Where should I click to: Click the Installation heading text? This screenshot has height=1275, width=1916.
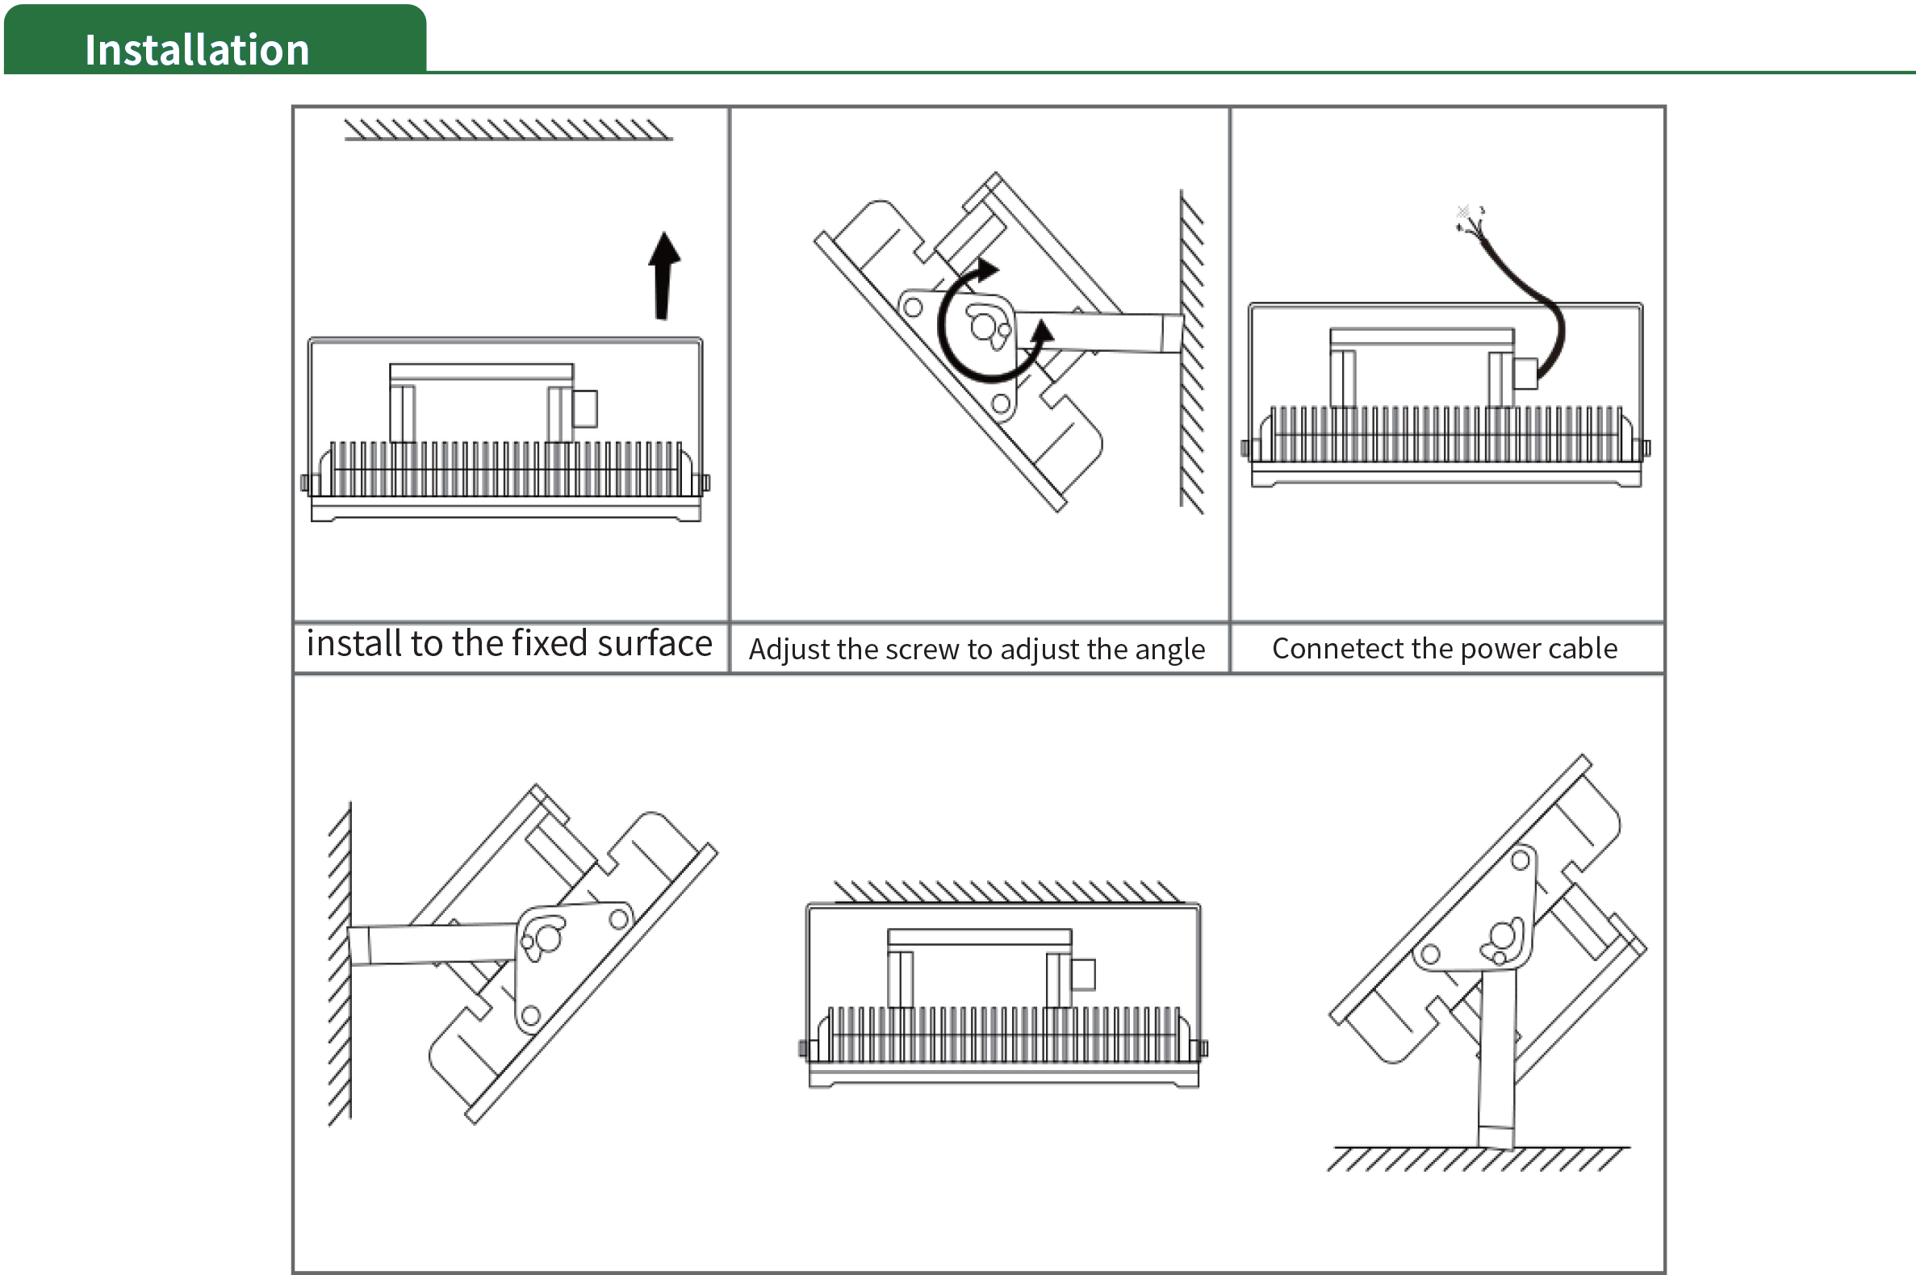click(197, 50)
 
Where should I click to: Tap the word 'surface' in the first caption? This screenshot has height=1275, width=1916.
click(655, 644)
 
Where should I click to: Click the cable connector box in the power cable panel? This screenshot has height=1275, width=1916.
click(1525, 374)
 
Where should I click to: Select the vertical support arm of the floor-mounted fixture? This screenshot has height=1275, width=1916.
click(1496, 1057)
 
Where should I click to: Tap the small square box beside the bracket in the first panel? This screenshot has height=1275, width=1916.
click(584, 408)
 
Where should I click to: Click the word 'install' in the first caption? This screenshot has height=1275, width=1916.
click(353, 644)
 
